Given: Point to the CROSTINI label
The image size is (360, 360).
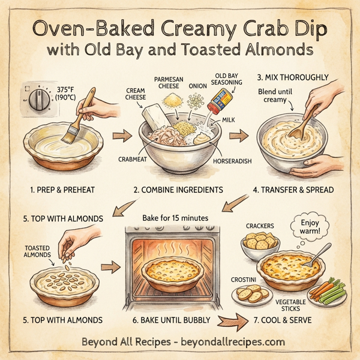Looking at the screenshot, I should click(246, 280).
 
